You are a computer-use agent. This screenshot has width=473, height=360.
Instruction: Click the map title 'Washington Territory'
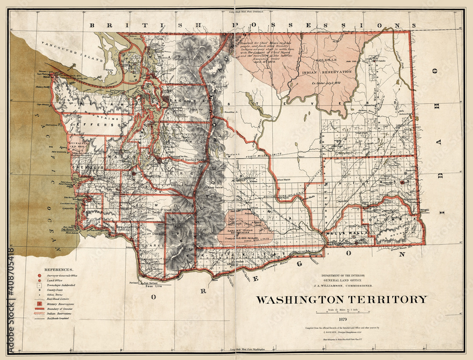342,299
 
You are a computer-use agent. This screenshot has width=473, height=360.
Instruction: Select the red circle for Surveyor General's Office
39,275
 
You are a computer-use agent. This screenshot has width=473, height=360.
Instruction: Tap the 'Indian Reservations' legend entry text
60,314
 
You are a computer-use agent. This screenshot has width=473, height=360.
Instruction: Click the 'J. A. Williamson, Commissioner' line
341,285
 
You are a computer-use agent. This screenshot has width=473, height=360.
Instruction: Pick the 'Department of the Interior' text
341,275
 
